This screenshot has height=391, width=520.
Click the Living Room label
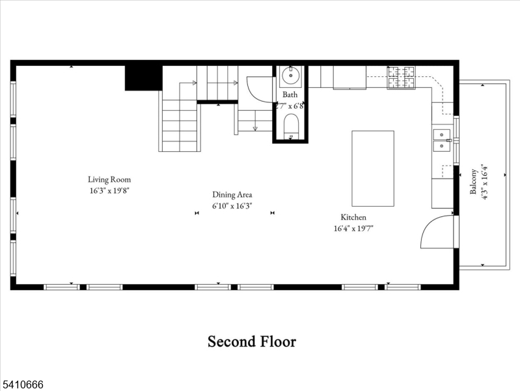point(109,179)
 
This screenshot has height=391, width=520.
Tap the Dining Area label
point(232,194)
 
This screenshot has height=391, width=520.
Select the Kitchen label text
point(353,217)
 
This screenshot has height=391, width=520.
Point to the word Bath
point(290,94)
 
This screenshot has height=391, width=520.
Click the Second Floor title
point(252,341)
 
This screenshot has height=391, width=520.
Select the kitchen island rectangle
point(373,168)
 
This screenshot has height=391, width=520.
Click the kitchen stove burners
point(402,78)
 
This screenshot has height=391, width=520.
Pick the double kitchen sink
point(443,139)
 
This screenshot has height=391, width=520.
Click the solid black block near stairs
point(143,78)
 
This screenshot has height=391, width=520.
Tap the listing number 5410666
point(22,384)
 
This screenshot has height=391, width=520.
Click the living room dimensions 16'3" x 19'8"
point(110,191)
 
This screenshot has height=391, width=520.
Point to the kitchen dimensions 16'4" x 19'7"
point(353,228)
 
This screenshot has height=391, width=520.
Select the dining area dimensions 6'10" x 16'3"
point(232,205)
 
